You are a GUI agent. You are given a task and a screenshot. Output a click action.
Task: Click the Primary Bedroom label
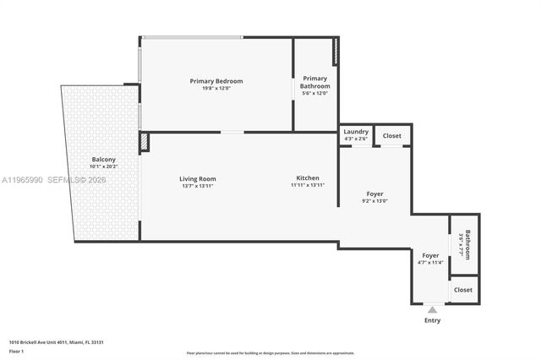point(216,81)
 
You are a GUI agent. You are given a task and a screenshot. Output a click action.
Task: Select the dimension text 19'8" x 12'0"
point(216,89)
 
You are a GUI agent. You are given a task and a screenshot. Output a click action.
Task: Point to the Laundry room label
point(355,133)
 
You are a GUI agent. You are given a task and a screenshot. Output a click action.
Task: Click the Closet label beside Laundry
point(392,135)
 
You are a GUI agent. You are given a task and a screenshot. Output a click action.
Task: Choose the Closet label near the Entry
point(463,289)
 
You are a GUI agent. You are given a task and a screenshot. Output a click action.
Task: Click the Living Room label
point(197,178)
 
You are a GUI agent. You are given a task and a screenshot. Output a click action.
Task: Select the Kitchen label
point(307,178)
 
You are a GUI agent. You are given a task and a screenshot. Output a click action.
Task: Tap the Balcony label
point(103,159)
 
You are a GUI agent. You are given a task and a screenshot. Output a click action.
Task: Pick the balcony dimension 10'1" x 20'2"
point(103,166)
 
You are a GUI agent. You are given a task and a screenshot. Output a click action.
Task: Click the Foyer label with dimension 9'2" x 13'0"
point(374,194)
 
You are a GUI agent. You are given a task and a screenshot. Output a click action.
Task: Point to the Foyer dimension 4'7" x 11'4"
point(429,263)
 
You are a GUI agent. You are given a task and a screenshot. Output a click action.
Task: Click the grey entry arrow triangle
point(432,310)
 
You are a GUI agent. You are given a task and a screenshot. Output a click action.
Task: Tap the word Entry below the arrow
point(432,320)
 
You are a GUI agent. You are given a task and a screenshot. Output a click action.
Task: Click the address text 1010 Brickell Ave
point(56,341)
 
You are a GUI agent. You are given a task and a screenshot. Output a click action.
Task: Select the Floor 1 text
point(17,351)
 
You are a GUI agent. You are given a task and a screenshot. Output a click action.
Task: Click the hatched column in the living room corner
point(145,143)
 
